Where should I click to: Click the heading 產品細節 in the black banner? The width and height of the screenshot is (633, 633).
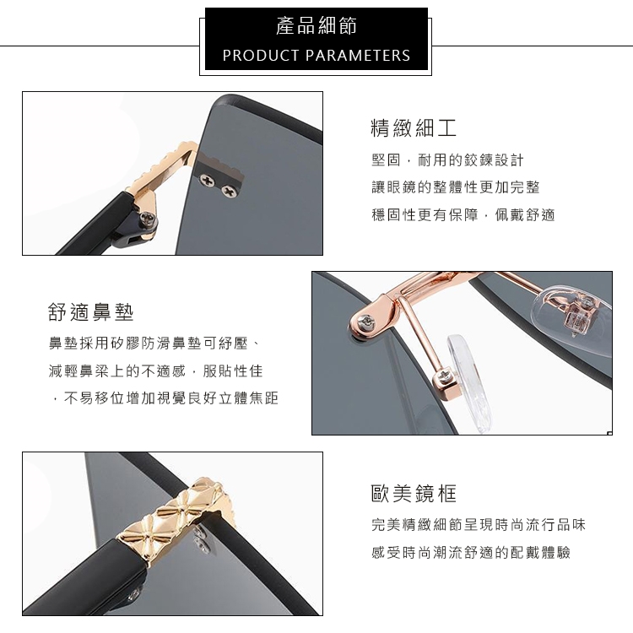click(316, 26)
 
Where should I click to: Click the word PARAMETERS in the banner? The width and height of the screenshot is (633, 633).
click(358, 56)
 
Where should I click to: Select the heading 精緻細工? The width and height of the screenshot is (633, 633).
click(414, 128)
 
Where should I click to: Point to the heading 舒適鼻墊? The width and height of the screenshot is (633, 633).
click(91, 311)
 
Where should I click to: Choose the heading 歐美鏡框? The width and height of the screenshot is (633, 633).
click(414, 493)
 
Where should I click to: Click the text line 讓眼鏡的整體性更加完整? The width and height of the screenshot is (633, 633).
click(456, 187)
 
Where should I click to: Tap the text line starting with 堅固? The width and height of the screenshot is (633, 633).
click(447, 160)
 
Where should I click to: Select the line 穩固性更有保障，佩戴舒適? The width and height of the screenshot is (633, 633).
click(463, 214)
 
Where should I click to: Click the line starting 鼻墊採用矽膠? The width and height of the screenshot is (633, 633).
click(154, 344)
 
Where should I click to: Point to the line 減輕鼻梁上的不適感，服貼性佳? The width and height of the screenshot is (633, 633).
click(156, 371)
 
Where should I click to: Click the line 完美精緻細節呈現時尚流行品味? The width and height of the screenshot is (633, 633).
click(479, 525)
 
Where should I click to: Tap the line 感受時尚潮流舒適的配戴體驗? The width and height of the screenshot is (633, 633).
click(471, 552)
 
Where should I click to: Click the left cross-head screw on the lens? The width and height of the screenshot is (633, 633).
click(208, 178)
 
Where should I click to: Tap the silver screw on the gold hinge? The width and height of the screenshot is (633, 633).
click(148, 219)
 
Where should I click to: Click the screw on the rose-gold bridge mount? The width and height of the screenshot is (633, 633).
click(369, 322)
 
